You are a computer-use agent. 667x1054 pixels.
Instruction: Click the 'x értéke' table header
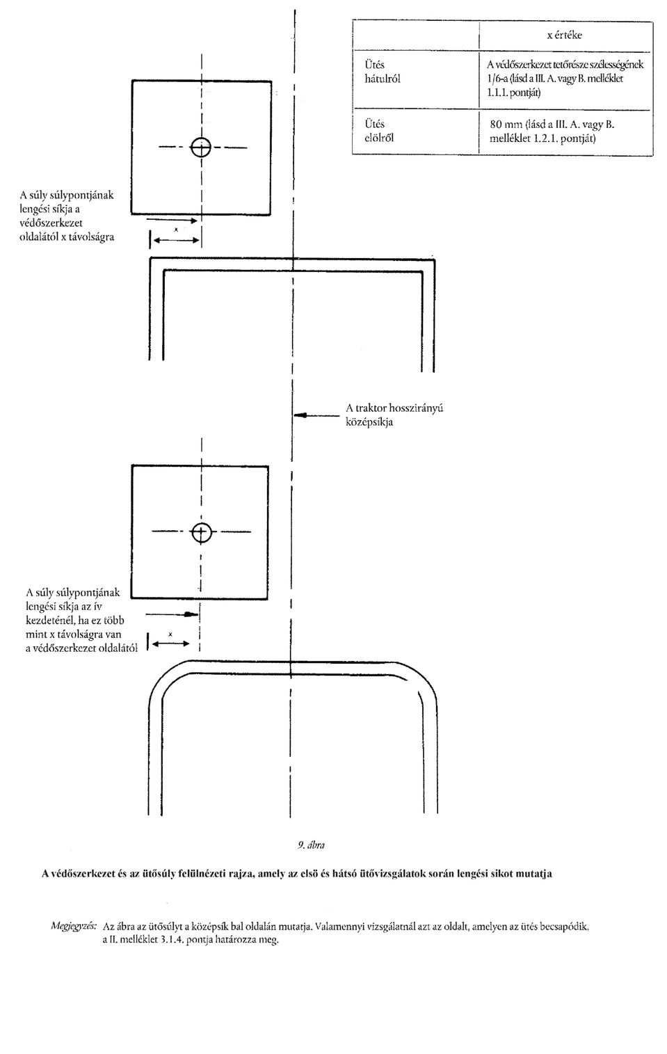pos(565,35)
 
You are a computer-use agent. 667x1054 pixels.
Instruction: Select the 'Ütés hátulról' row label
pos(383,72)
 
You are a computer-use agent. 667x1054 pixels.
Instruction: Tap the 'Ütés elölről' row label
pos(379,131)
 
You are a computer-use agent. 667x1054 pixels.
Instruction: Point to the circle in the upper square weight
pos(201,147)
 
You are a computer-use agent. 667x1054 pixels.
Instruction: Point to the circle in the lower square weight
pos(201,532)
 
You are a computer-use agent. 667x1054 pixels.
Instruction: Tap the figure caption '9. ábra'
pos(311,845)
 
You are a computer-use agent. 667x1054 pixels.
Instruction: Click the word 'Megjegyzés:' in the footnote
pos(74,927)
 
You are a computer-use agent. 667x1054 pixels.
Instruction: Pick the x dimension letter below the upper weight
pos(176,230)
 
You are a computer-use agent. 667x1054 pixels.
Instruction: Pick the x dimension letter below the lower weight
pos(170,634)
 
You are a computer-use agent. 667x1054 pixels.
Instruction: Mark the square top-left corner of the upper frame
pos(150,258)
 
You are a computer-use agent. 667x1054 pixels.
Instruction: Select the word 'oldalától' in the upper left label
pos(39,237)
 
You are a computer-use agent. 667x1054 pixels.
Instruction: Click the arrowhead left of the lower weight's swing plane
pos(191,614)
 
